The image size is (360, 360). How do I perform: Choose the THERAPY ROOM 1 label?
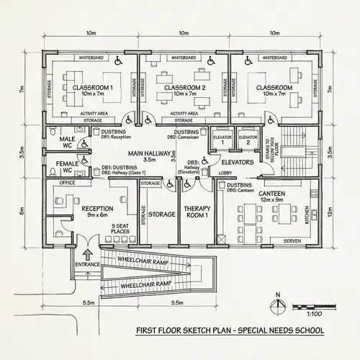[x=197, y=212]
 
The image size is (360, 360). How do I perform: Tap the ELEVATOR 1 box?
[x=222, y=139]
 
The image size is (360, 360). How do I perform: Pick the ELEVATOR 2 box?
[x=248, y=139]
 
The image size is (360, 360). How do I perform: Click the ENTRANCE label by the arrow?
[x=86, y=266]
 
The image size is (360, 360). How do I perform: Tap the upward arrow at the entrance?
[x=89, y=253]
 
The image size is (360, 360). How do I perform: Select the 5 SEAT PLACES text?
[x=120, y=229]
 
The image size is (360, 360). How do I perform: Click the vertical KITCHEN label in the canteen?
[x=307, y=215]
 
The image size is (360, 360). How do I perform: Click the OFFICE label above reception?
[x=68, y=184]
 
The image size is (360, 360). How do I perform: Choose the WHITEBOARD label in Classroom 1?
[x=91, y=57]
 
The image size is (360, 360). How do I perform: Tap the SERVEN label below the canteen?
[x=292, y=240]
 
